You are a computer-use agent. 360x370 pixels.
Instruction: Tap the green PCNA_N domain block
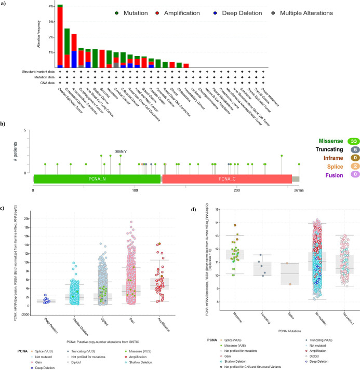[96, 178]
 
